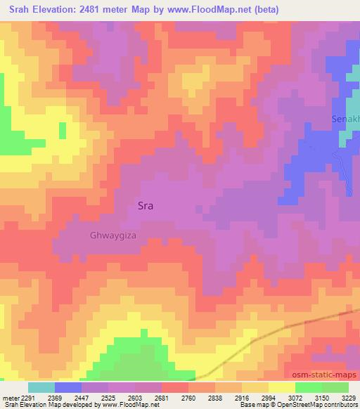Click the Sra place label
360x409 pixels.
(x=145, y=207)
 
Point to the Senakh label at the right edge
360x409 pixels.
(x=345, y=119)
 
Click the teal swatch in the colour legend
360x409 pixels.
(x=41, y=387)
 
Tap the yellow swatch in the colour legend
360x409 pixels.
(x=281, y=387)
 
